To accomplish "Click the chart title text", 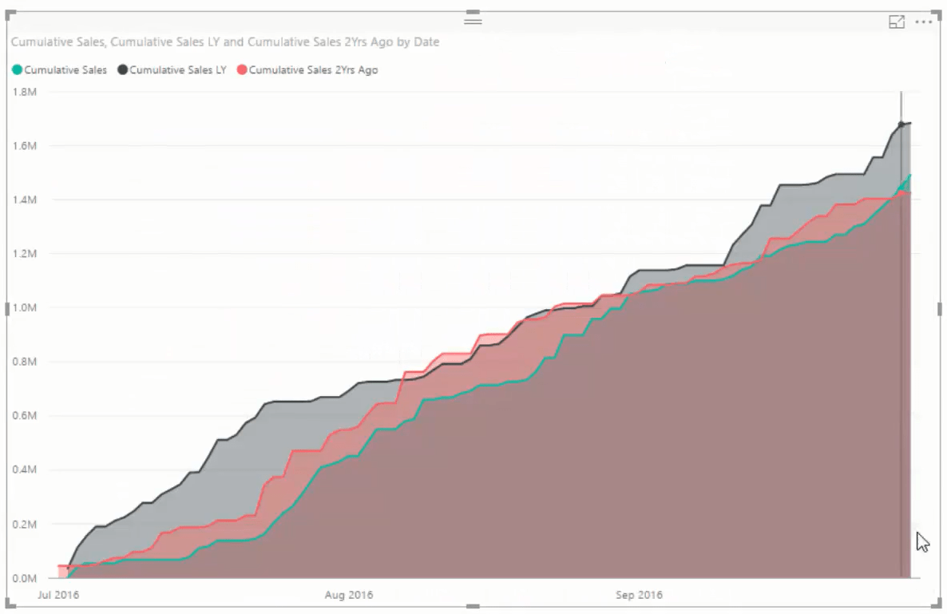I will coord(225,42).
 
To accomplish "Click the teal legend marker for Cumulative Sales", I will coord(17,70).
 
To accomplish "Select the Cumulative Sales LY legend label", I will coord(177,70).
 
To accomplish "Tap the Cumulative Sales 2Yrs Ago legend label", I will coord(313,70).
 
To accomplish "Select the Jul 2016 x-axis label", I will coord(59,595).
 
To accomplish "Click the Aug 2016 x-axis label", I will coord(349,595).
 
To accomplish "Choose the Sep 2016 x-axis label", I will coord(639,595).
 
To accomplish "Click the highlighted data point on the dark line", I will coord(901,124).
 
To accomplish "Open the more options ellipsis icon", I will coord(924,22).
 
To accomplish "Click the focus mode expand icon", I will coord(897,22).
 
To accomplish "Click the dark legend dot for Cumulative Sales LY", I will coord(122,70).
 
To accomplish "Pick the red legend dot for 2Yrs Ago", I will coord(242,70).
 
